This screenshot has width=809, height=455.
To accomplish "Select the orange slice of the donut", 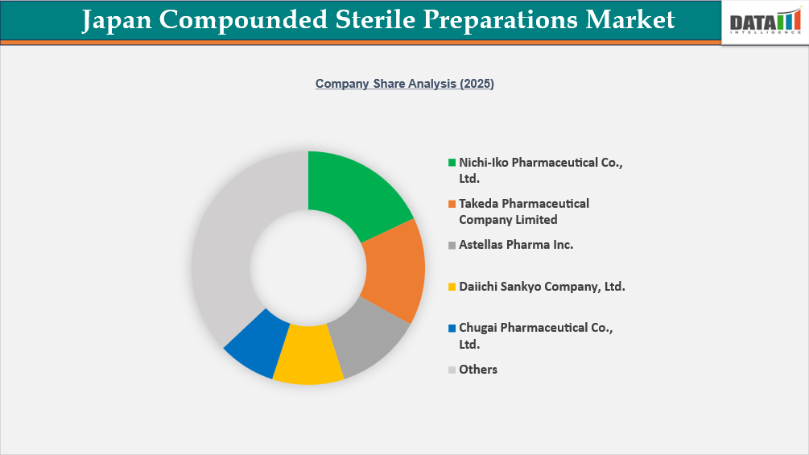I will [395, 266].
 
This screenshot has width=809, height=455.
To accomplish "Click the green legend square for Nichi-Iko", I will [452, 163].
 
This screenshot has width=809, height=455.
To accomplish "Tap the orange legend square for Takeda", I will [452, 204].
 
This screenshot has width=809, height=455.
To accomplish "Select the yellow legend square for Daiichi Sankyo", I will [452, 287].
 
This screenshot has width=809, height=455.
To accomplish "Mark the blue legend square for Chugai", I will [452, 328].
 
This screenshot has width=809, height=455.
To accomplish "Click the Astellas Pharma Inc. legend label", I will [516, 245].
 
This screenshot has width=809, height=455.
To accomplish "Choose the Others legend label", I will [478, 370].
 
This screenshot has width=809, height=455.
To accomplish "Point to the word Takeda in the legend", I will [478, 204].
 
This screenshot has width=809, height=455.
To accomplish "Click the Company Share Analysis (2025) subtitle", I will [404, 84].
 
